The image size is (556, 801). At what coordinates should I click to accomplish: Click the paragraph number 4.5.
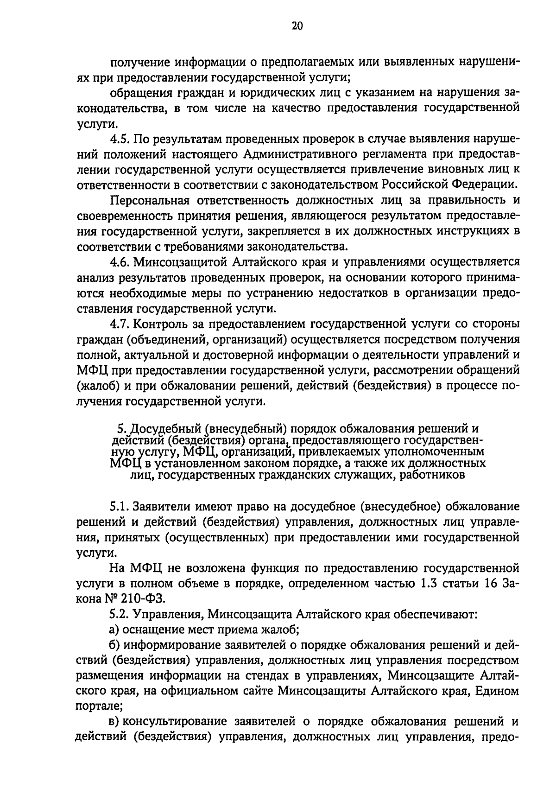click(x=120, y=139)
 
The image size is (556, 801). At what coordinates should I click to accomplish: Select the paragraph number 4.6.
click(x=120, y=262)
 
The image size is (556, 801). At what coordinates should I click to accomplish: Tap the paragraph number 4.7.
click(x=120, y=324)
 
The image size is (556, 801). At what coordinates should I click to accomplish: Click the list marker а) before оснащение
click(x=114, y=630)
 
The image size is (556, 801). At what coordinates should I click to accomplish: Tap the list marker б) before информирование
click(x=115, y=645)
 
